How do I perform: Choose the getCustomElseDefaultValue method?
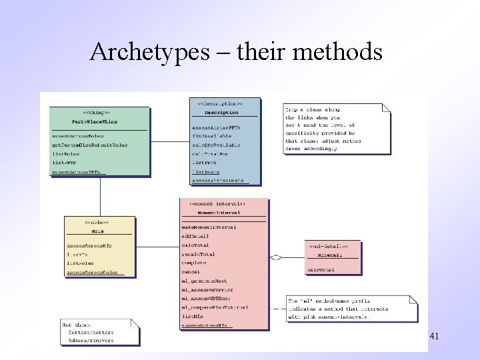90,145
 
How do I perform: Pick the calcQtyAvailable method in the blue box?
217,145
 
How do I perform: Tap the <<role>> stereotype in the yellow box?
97,222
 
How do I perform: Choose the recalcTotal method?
199,254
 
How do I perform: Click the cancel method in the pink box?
191,272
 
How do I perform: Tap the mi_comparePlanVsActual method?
215,307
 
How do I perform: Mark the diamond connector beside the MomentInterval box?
276,257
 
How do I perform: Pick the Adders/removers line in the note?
91,340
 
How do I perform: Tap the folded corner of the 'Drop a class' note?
385,107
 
